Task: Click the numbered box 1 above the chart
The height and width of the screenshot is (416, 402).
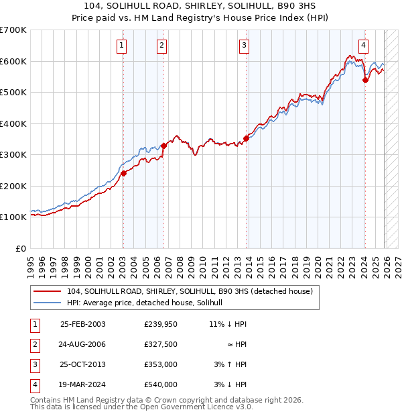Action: [122, 46]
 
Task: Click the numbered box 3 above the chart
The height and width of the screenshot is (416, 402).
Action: [244, 46]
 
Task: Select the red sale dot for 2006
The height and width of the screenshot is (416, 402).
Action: [163, 146]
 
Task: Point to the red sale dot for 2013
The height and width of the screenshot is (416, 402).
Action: [246, 138]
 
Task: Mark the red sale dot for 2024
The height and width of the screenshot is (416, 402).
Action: [365, 80]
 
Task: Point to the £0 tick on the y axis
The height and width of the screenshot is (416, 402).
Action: [21, 248]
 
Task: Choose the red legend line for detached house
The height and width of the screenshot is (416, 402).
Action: [49, 292]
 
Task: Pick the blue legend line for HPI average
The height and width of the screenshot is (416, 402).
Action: [49, 303]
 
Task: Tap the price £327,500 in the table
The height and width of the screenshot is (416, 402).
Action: [161, 344]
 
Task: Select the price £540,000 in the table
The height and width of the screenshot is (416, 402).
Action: [161, 384]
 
